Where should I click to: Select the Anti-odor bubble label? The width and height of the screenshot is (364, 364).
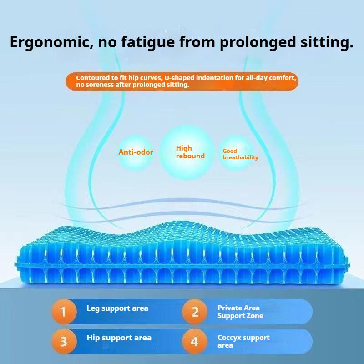pyautogui.click(x=136, y=152)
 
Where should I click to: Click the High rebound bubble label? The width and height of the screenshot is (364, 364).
pyautogui.click(x=190, y=152)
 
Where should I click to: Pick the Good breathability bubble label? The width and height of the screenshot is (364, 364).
pyautogui.click(x=240, y=154)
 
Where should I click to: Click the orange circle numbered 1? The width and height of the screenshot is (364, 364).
pyautogui.click(x=63, y=312)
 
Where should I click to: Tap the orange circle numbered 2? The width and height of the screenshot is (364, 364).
pyautogui.click(x=195, y=312)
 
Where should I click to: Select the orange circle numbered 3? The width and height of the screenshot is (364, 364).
pyautogui.click(x=63, y=341)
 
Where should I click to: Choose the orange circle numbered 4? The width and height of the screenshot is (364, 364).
pyautogui.click(x=195, y=341)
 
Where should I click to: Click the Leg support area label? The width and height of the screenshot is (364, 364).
pyautogui.click(x=117, y=308)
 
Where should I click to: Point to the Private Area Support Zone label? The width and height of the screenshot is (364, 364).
pyautogui.click(x=240, y=312)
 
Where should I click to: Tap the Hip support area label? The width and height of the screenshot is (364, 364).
pyautogui.click(x=119, y=338)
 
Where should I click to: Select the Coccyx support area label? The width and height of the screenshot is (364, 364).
pyautogui.click(x=243, y=341)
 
